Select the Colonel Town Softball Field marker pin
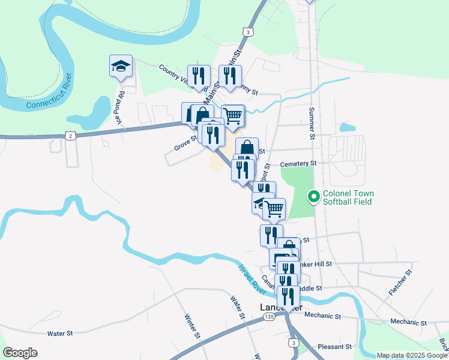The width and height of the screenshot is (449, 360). coord(313,196)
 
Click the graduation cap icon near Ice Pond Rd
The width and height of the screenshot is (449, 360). coord(121,66)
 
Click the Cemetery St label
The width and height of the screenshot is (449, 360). coord(298,163)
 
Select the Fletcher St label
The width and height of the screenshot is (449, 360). coord(400,283)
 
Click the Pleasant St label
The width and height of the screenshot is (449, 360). coord(334,347)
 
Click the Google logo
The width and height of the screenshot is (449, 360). coord(20,353)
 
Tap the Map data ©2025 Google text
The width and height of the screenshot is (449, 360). coord(411,355)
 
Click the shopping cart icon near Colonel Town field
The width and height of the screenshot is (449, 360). coord(274,209)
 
